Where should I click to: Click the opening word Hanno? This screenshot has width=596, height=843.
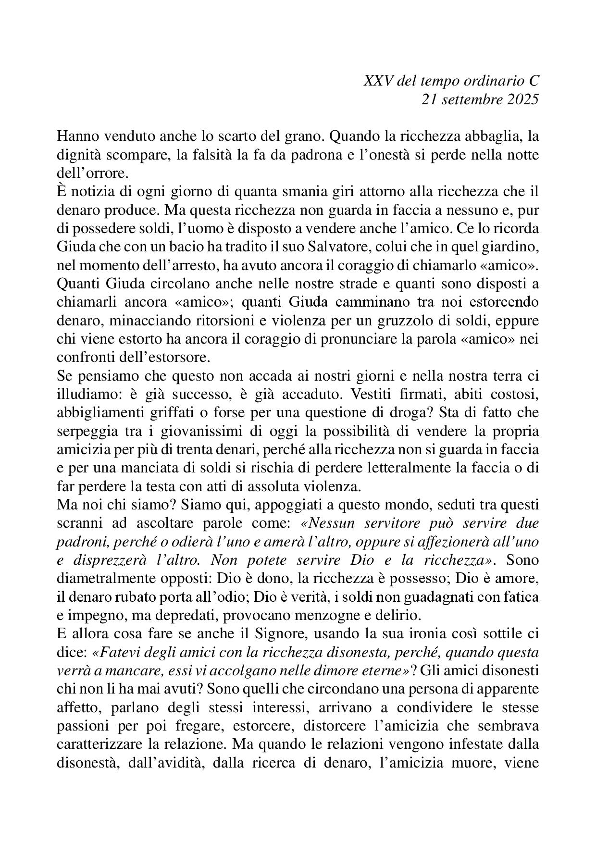point(74,136)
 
